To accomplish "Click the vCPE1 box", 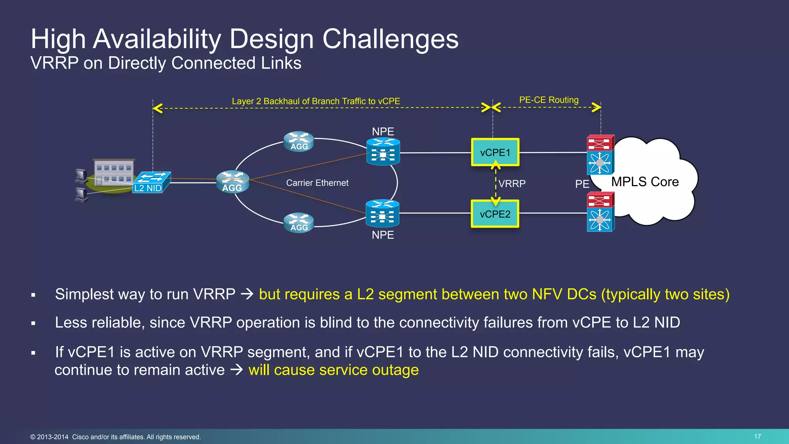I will coord(495,152).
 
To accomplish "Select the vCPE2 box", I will coord(495,214).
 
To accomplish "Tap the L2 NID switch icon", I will coord(151,182).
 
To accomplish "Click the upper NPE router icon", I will coord(383,152).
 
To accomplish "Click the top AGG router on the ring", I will coord(299,141).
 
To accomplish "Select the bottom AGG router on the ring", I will coord(299,222).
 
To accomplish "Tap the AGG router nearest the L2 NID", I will coord(232,182).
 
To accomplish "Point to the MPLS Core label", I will coord(645,182).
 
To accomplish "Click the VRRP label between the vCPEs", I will coord(512,183).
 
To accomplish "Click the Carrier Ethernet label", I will coord(317,183).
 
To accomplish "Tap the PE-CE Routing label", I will coord(549,100).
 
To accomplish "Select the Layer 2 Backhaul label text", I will coord(316,101).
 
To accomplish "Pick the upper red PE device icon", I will coord(600,143).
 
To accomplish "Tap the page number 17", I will coord(757,436).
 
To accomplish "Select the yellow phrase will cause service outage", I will coord(333,370).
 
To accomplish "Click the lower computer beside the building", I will coord(82,195).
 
